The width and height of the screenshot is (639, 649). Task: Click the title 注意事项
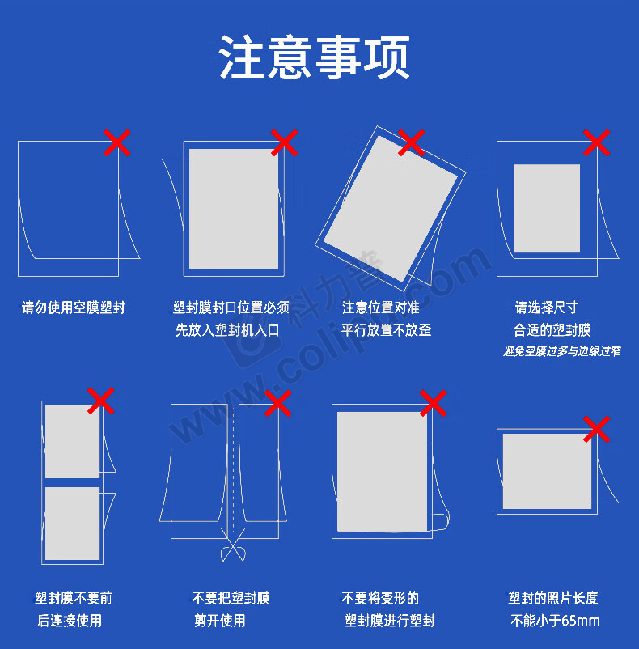tap(315, 57)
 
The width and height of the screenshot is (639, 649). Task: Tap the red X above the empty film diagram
tap(117, 142)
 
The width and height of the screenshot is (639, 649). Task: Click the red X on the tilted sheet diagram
tap(411, 142)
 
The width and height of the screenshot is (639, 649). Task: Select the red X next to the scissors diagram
tap(278, 403)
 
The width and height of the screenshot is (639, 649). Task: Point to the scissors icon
tap(233, 545)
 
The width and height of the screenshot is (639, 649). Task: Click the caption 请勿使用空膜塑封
tap(74, 308)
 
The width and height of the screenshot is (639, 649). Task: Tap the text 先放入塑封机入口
tap(227, 330)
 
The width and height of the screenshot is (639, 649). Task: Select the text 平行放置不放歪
tap(387, 330)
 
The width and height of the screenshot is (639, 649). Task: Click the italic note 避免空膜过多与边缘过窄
tap(562, 351)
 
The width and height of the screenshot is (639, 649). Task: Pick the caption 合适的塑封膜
tap(552, 330)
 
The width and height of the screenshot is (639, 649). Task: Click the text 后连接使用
tap(70, 621)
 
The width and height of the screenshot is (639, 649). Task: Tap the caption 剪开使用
tap(220, 621)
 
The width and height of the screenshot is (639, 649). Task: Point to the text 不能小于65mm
tap(555, 621)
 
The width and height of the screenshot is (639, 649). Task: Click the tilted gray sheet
tap(391, 209)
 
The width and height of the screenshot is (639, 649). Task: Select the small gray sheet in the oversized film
tap(547, 208)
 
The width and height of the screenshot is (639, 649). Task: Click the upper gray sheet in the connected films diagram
tap(72, 442)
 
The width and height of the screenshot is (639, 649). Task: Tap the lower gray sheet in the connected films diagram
tap(72, 524)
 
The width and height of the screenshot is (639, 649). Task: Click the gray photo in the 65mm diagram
tap(547, 471)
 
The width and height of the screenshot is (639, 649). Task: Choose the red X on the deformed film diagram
tap(433, 403)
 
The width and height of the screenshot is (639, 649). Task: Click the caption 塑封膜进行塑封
tap(390, 621)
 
